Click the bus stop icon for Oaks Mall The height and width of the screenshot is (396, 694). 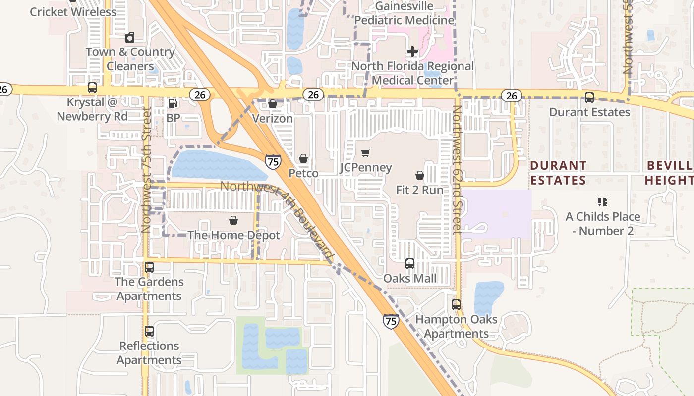(410, 264)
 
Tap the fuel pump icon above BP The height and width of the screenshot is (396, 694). (173, 103)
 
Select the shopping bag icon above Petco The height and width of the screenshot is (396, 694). (303, 158)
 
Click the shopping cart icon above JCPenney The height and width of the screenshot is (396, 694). (366, 153)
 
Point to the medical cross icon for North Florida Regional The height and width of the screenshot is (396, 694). (412, 51)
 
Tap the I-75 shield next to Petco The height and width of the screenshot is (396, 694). (273, 161)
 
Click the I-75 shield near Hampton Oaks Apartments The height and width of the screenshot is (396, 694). (391, 321)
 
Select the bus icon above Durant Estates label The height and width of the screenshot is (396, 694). (589, 98)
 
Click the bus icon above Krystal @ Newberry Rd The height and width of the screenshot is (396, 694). (92, 88)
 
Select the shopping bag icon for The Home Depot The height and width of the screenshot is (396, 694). (233, 220)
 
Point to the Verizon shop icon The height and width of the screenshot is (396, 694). (273, 104)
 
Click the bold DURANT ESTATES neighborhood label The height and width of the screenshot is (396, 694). (558, 173)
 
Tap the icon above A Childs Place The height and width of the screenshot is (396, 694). (603, 202)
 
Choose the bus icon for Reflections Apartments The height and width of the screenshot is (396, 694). (149, 331)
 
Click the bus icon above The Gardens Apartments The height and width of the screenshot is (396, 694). (149, 267)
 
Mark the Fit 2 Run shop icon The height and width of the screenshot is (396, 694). (420, 175)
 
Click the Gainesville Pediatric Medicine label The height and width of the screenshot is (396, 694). (405, 13)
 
